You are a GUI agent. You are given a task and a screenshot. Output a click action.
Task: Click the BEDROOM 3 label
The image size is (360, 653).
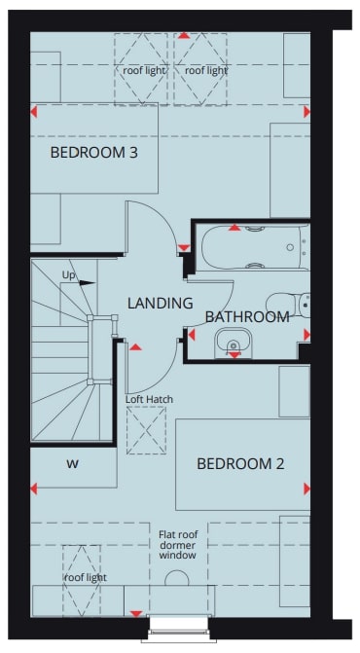pyautogui.click(x=93, y=152)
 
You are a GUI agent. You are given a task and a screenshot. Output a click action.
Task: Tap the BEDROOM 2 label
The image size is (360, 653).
pyautogui.click(x=240, y=463)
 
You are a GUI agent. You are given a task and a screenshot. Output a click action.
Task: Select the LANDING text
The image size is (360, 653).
pyautogui.click(x=160, y=303)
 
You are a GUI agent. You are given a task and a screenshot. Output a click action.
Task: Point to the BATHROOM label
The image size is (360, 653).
pyautogui.click(x=247, y=316)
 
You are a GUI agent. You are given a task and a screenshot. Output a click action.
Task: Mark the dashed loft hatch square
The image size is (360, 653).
pyautogui.click(x=146, y=430)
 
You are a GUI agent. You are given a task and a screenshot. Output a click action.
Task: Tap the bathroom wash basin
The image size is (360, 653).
pyautogui.click(x=234, y=341)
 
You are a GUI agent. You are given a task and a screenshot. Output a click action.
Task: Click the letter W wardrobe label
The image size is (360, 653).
pyautogui.click(x=72, y=463)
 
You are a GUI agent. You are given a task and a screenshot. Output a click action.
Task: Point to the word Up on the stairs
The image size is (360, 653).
pyautogui.click(x=68, y=274)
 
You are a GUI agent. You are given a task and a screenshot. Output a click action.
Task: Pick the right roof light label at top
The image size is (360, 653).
pyautogui.click(x=205, y=70)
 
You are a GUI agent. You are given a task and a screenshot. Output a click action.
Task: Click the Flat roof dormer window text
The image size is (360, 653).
pyautogui.click(x=177, y=545)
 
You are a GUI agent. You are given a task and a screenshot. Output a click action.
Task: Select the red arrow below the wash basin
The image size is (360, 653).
pyautogui.click(x=234, y=356)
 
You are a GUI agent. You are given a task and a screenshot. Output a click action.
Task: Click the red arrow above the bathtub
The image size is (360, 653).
pyautogui.click(x=234, y=228)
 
